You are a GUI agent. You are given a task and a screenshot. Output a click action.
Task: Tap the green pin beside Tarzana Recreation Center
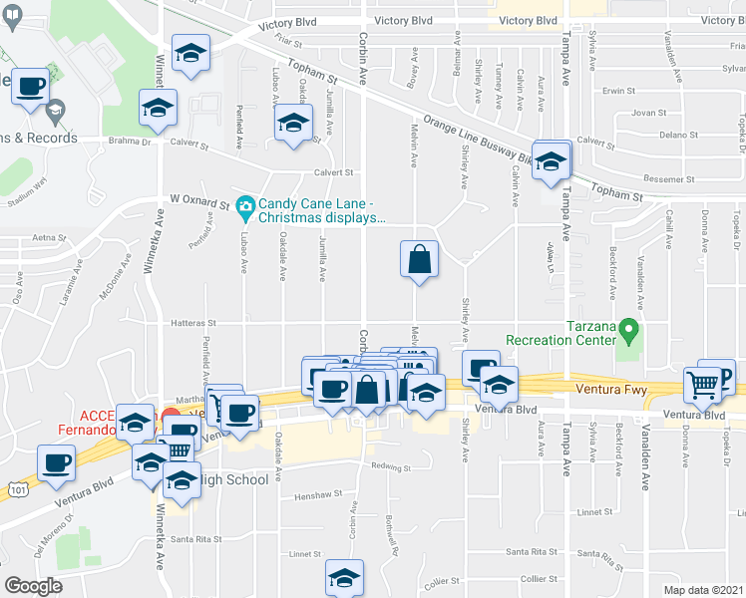(627, 328)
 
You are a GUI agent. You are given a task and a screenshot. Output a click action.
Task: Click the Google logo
(34, 586)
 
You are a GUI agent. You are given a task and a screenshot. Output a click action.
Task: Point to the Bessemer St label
(668, 178)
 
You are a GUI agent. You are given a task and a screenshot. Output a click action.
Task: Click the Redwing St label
(391, 466)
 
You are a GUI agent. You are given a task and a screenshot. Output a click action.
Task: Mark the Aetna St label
(48, 238)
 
